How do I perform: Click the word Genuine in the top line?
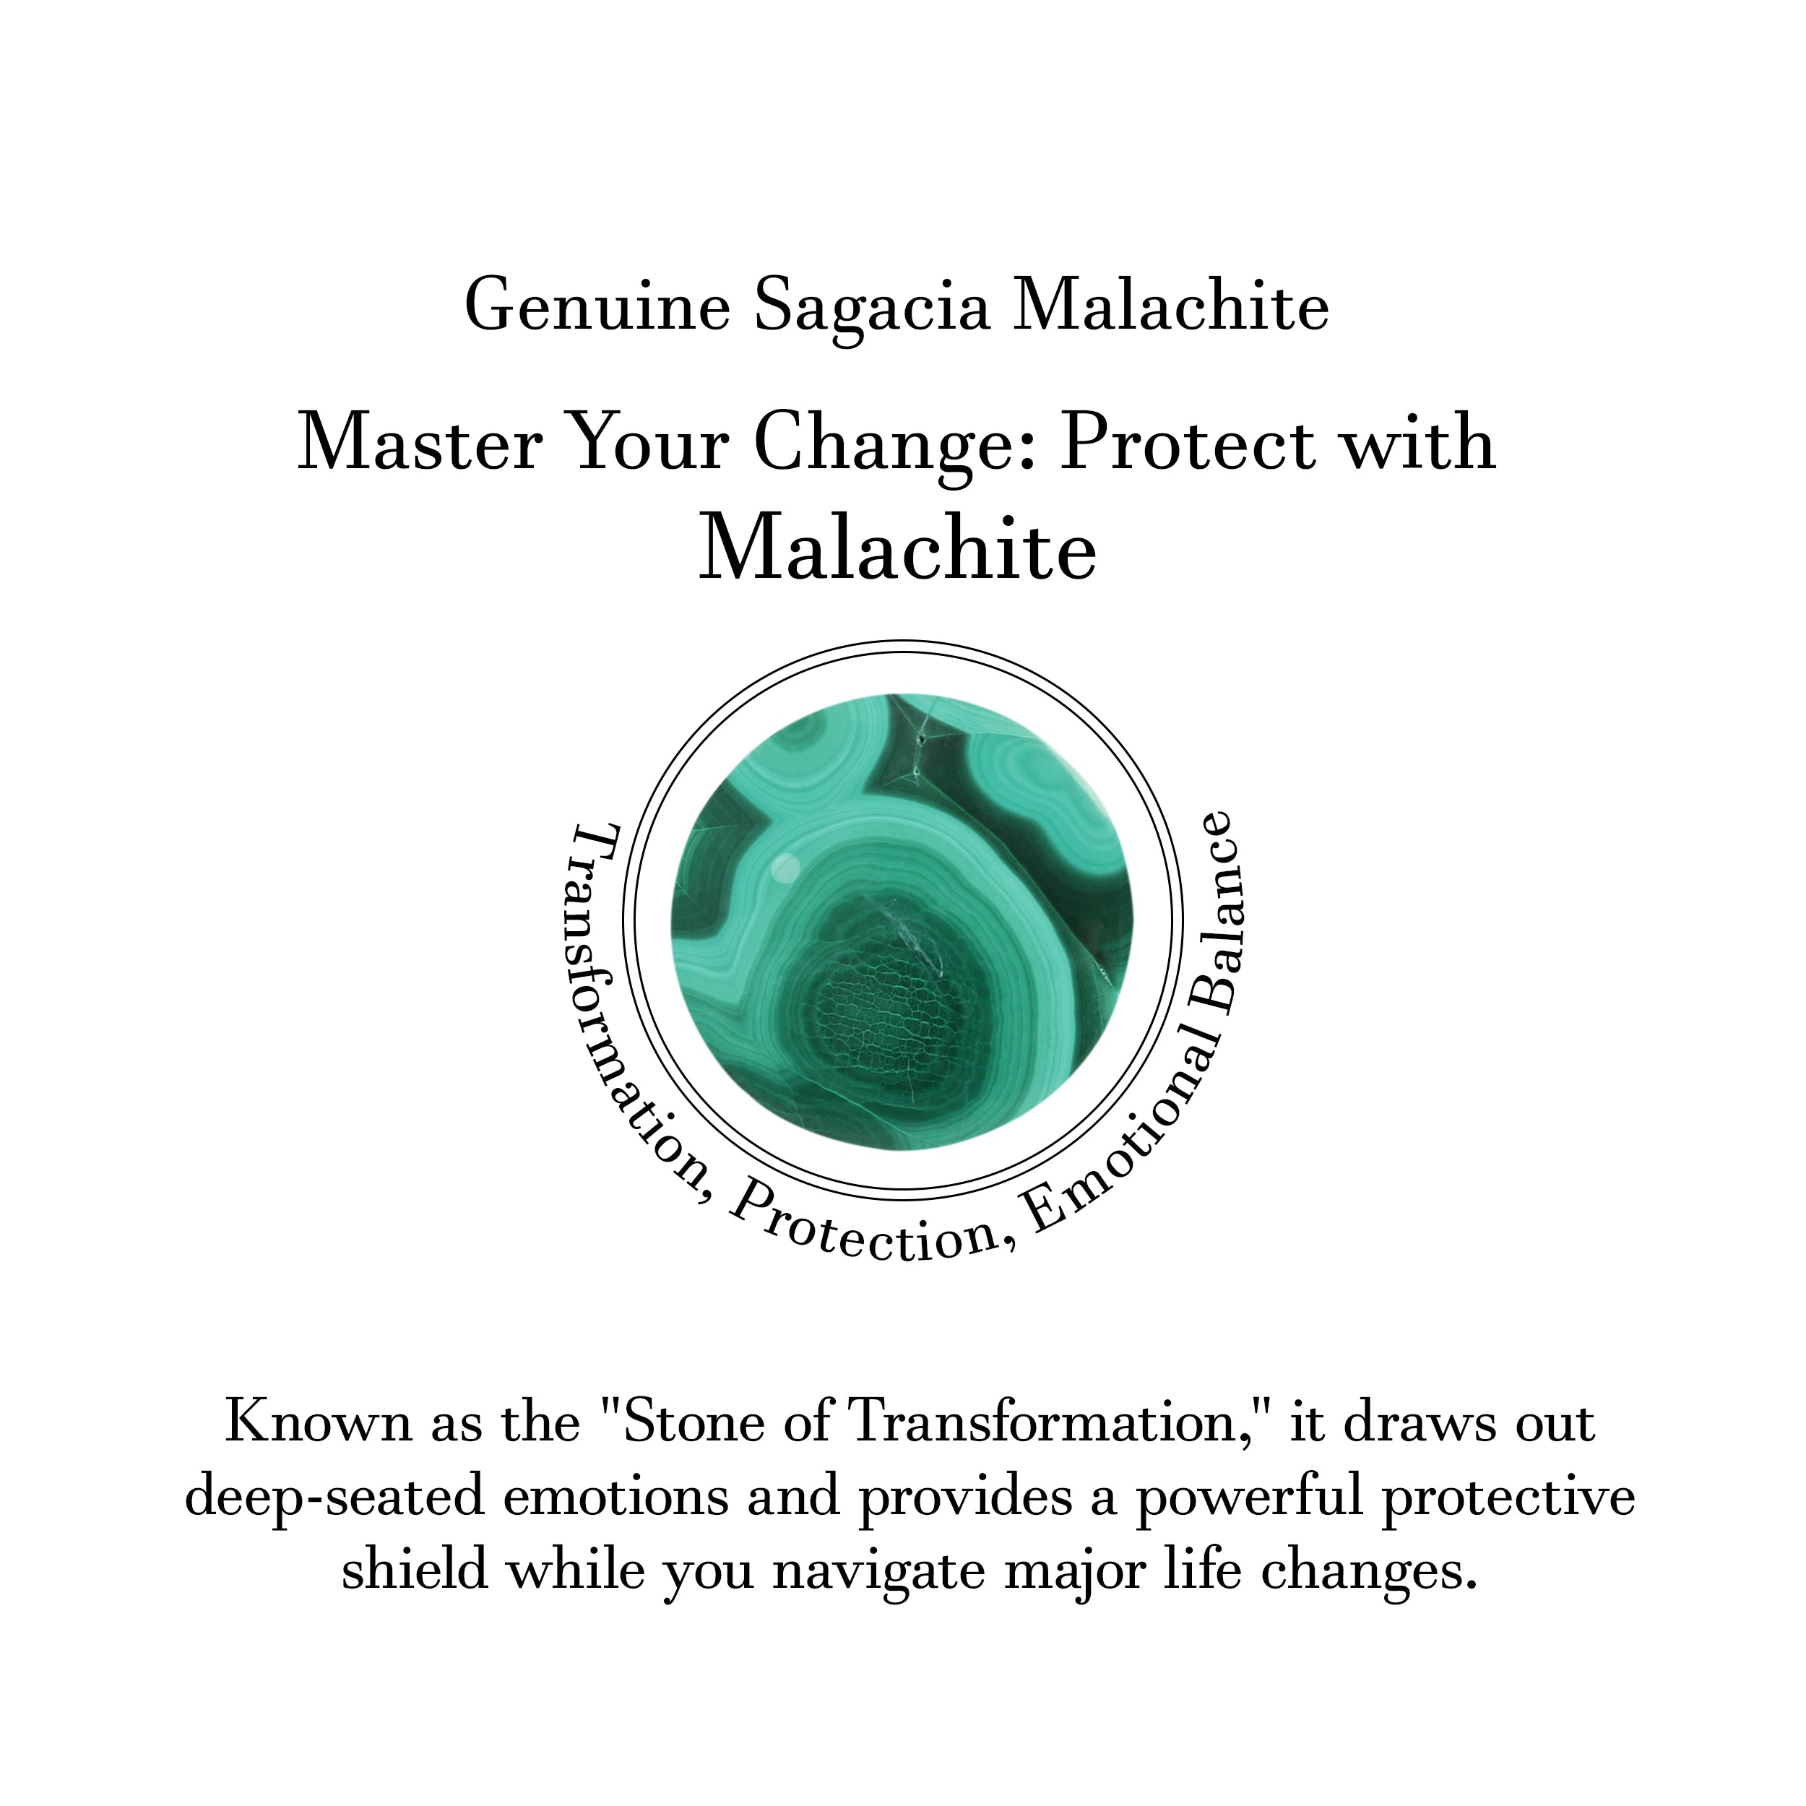tap(597, 306)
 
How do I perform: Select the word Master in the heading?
tap(420, 443)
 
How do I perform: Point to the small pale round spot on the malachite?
tap(785, 868)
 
